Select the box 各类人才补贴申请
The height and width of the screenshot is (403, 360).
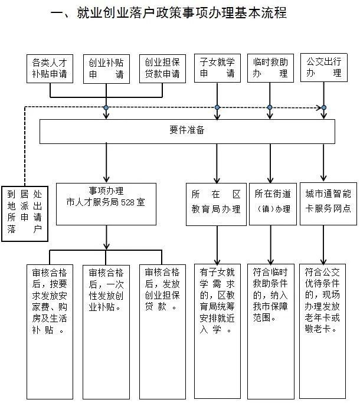coord(51,68)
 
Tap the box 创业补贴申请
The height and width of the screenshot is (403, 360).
coord(107,68)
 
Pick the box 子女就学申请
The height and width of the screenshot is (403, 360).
coord(217,68)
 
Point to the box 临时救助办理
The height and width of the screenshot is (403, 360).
coord(270,68)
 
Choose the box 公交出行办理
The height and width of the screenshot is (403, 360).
coord(324,68)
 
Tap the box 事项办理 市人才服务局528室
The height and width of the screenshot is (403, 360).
coord(106,203)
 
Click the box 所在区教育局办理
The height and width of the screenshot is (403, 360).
coord(216,203)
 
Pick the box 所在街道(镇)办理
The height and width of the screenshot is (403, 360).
coord(271,203)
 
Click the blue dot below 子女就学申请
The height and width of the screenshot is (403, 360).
coord(217,107)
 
